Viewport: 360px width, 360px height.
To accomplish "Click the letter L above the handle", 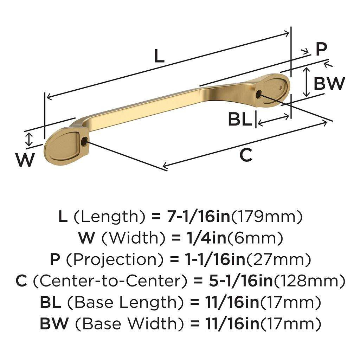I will (159, 56).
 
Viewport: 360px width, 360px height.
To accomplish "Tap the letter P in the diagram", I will (321, 49).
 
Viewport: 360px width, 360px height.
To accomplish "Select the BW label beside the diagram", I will (329, 84).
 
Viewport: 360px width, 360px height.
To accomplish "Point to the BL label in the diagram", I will (240, 120).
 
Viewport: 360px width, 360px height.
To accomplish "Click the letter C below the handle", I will (246, 155).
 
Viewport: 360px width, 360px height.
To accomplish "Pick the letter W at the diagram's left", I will (26, 160).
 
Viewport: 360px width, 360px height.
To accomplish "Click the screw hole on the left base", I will (84, 142).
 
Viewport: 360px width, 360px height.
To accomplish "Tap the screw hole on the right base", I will (259, 94).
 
